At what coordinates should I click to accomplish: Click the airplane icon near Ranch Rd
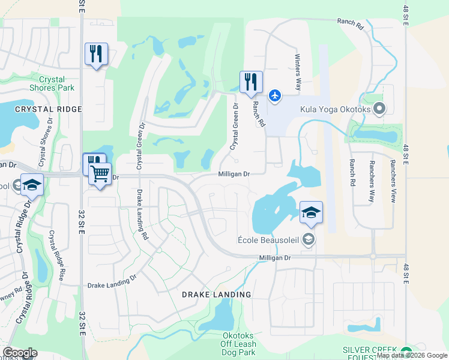click(x=275, y=95)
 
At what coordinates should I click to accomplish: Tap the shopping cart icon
click(x=100, y=175)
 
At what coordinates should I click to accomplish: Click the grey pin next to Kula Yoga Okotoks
click(x=379, y=109)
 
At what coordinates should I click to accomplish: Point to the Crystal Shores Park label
click(x=56, y=83)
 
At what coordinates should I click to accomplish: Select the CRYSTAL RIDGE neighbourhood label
click(x=39, y=109)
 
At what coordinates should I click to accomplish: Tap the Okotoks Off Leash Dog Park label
click(x=239, y=344)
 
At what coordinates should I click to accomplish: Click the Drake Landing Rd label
click(x=142, y=215)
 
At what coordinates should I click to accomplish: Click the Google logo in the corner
click(x=19, y=353)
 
